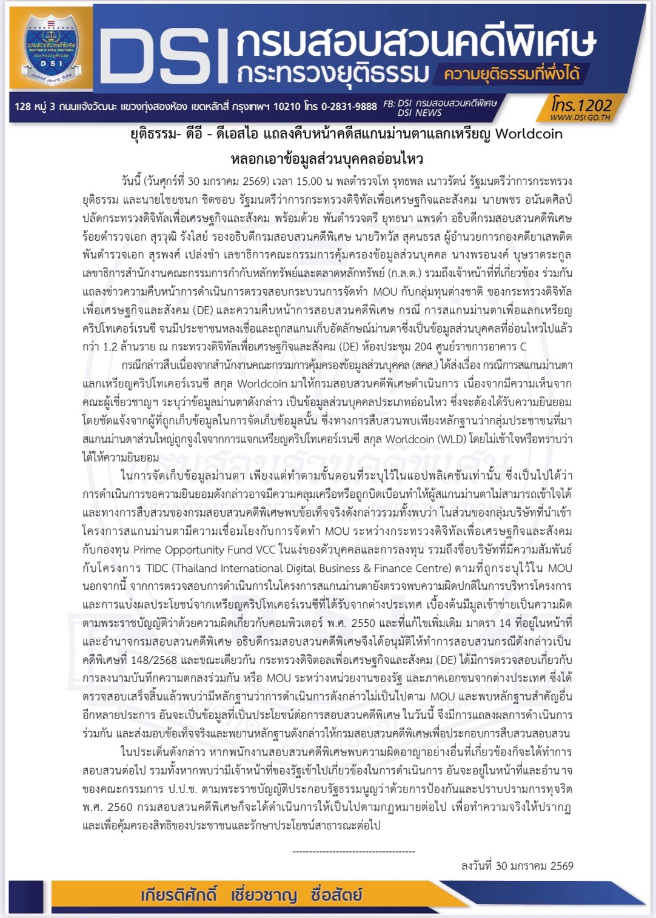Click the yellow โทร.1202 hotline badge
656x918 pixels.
[581, 105]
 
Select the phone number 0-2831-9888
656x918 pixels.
[349, 107]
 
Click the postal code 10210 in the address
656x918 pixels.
[287, 107]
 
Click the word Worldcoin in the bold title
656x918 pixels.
[529, 134]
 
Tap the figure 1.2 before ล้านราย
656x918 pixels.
[110, 347]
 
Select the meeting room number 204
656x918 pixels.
[423, 347]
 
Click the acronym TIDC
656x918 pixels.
[157, 568]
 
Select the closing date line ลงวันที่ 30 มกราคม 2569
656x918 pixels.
[517, 866]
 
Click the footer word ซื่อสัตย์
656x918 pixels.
[336, 895]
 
